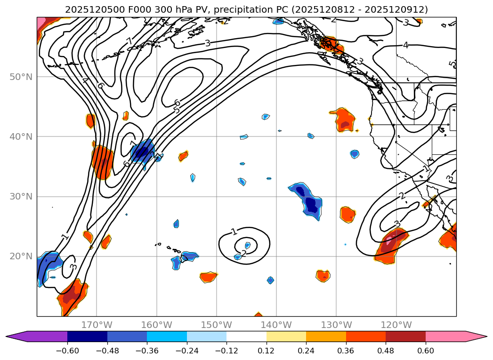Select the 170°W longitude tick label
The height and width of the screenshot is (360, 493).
[x=97, y=325]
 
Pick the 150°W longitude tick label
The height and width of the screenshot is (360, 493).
[x=217, y=325]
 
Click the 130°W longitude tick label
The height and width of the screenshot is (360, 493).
[x=337, y=325]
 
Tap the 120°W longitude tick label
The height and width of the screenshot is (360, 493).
[x=396, y=325]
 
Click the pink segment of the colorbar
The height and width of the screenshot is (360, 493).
[x=445, y=336]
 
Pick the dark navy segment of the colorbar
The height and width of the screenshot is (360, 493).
[x=87, y=336]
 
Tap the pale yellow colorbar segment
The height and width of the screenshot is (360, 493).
[x=286, y=336]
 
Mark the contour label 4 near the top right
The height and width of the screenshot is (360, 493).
[x=405, y=45]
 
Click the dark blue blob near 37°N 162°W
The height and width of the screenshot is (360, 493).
[x=142, y=152]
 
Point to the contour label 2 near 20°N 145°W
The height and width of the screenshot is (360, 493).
[x=244, y=254]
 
